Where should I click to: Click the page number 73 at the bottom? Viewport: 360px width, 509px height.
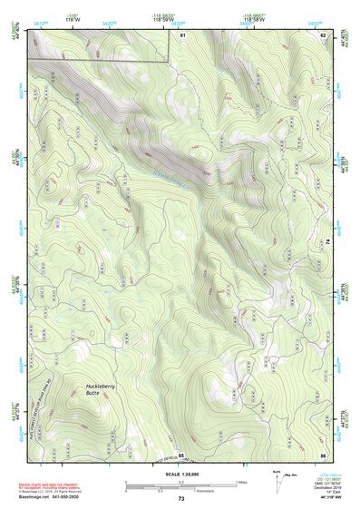(x=180, y=499)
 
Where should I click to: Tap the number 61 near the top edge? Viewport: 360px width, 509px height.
(x=182, y=34)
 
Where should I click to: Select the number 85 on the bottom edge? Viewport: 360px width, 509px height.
(x=180, y=454)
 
